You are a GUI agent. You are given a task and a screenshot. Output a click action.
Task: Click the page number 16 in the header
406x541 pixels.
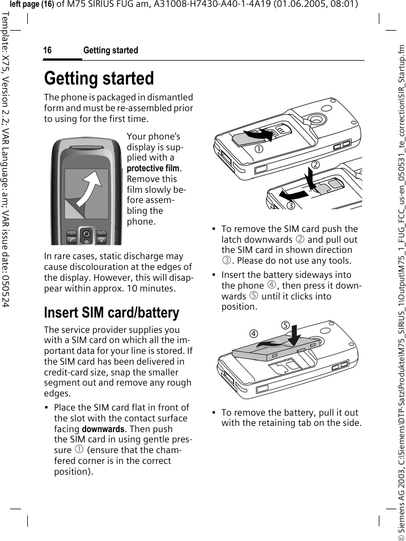(48, 50)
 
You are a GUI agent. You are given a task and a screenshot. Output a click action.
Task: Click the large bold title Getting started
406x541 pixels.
(99, 78)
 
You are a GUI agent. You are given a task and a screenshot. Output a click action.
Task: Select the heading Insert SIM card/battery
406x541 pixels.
(112, 312)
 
